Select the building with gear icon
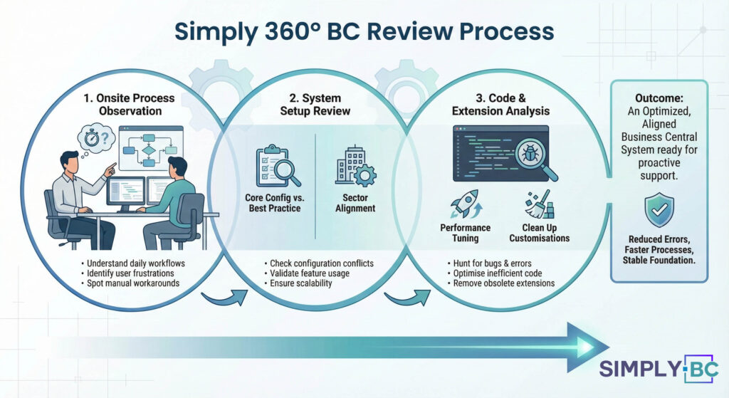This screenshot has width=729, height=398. pyautogui.click(x=355, y=167)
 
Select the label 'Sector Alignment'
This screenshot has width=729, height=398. pyautogui.click(x=355, y=204)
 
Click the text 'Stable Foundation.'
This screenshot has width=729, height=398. pyautogui.click(x=659, y=260)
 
